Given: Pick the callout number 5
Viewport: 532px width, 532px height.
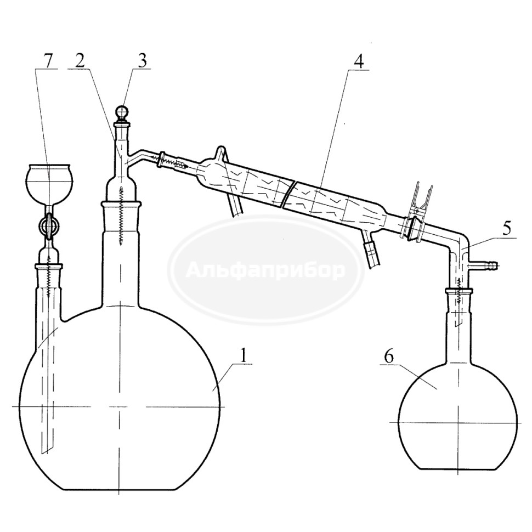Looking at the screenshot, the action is coord(507,229).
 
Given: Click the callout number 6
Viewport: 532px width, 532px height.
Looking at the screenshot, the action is coord(389,357).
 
